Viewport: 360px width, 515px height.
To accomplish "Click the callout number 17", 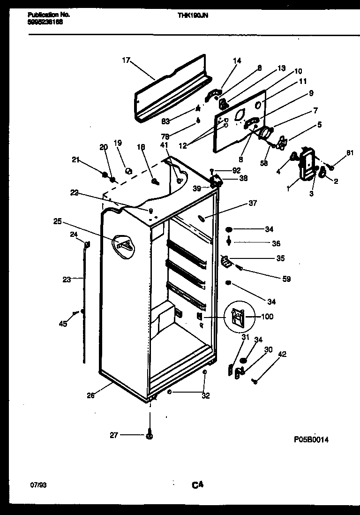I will tap(126, 60).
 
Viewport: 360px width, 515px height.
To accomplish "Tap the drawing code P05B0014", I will tap(311, 439).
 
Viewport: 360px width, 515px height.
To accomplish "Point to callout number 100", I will tap(267, 317).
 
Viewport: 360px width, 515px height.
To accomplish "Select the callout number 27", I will tap(114, 435).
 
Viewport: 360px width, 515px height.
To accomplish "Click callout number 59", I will tap(286, 279).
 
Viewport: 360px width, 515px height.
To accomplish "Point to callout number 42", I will tap(282, 354).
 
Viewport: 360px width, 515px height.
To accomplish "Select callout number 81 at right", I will tap(350, 152).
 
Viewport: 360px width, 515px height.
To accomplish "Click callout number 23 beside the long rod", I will tap(67, 280).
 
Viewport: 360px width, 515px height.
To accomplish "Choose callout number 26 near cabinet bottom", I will tap(91, 395).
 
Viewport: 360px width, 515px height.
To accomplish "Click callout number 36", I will tap(276, 243).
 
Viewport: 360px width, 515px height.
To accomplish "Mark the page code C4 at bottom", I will tap(197, 485).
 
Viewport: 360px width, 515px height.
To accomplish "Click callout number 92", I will tap(236, 170).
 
